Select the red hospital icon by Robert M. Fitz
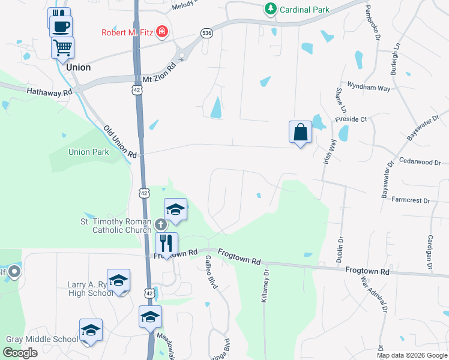161,31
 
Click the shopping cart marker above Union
62,47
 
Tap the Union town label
79,67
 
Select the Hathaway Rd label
49,92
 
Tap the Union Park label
89,152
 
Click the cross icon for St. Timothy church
160,224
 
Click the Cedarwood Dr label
420,162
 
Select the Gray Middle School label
42,339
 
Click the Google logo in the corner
20,353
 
